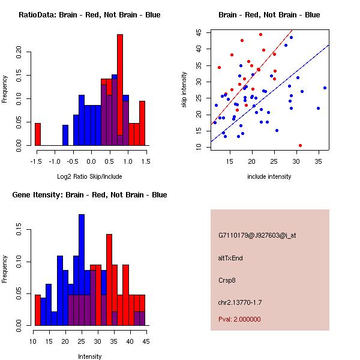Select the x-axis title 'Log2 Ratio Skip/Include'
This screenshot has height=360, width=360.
click(89, 176)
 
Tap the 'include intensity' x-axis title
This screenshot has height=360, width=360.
click(269, 176)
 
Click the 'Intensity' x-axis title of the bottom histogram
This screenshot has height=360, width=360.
click(89, 356)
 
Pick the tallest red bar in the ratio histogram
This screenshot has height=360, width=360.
click(120, 90)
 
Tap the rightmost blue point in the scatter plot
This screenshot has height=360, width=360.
click(325, 88)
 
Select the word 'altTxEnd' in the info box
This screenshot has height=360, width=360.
click(230, 257)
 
